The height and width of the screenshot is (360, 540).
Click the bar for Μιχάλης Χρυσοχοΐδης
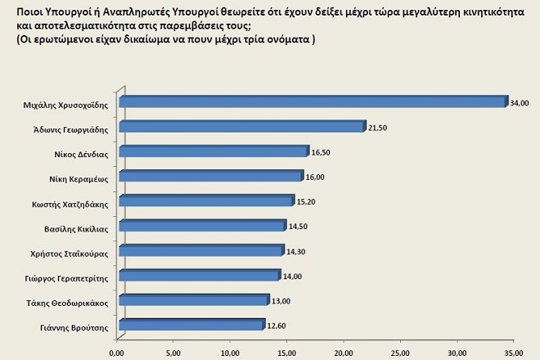311,102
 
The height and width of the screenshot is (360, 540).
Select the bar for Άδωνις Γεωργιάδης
241,127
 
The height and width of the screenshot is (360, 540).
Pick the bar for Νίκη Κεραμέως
210,176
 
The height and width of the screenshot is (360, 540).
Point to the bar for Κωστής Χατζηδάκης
206,200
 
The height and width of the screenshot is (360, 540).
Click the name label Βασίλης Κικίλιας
77,226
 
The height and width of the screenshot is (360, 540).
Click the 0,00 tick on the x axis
118,353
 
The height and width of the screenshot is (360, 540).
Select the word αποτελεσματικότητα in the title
73,25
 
